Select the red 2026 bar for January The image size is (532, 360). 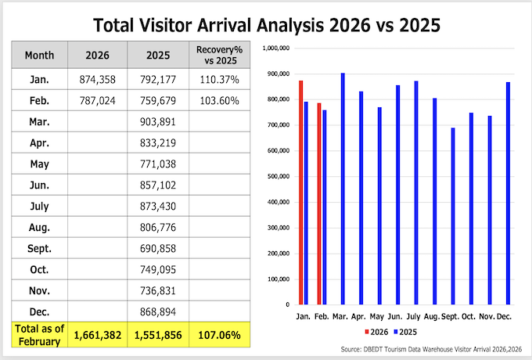pyautogui.click(x=301, y=192)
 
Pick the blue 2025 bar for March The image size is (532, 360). pyautogui.click(x=343, y=189)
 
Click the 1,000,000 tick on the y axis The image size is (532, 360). pyautogui.click(x=278, y=49)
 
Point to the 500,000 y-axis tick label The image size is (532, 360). pyautogui.click(x=279, y=176)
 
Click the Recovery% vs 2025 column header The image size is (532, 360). pyautogui.click(x=218, y=56)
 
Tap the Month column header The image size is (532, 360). pyautogui.click(x=39, y=56)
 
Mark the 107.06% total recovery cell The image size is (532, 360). pyautogui.click(x=218, y=335)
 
